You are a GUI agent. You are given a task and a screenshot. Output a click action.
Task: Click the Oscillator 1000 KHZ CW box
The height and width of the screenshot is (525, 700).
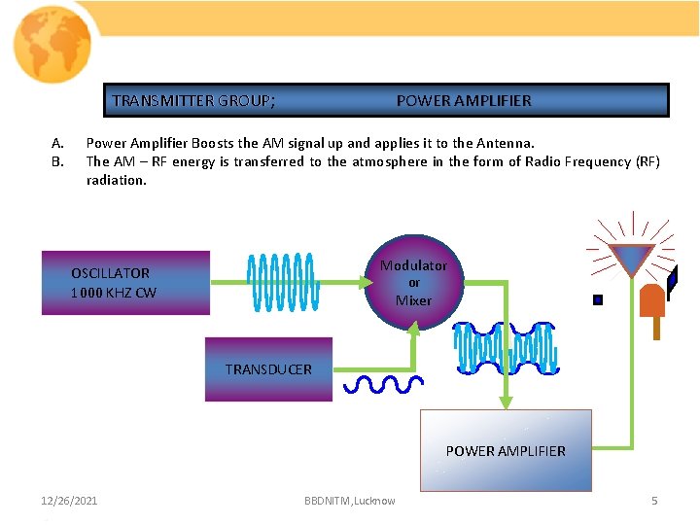coord(125,283)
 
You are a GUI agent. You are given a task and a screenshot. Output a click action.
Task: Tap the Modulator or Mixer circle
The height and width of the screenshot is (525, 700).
coord(413,282)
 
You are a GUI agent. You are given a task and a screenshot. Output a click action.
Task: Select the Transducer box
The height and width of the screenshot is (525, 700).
coord(268,369)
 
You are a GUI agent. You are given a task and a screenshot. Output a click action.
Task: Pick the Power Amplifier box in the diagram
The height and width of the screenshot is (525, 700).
coord(505,450)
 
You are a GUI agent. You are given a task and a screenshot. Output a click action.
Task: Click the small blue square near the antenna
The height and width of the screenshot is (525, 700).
coord(598,299)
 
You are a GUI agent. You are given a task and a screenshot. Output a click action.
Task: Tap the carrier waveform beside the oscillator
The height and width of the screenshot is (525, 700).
coord(282,282)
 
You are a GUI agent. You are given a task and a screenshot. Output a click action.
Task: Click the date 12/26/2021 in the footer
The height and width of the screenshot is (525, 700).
coord(69,501)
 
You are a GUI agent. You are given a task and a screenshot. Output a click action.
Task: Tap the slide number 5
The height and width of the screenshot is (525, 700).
coord(654,501)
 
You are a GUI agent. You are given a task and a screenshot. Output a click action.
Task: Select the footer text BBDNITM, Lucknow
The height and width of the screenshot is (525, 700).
coord(349,501)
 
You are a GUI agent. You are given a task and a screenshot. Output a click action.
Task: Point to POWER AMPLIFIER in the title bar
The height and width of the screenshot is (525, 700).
coord(464,100)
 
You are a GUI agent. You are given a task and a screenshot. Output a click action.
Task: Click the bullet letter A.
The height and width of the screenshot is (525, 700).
coord(56,143)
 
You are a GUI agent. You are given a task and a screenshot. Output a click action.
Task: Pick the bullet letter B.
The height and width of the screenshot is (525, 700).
coord(56,161)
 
